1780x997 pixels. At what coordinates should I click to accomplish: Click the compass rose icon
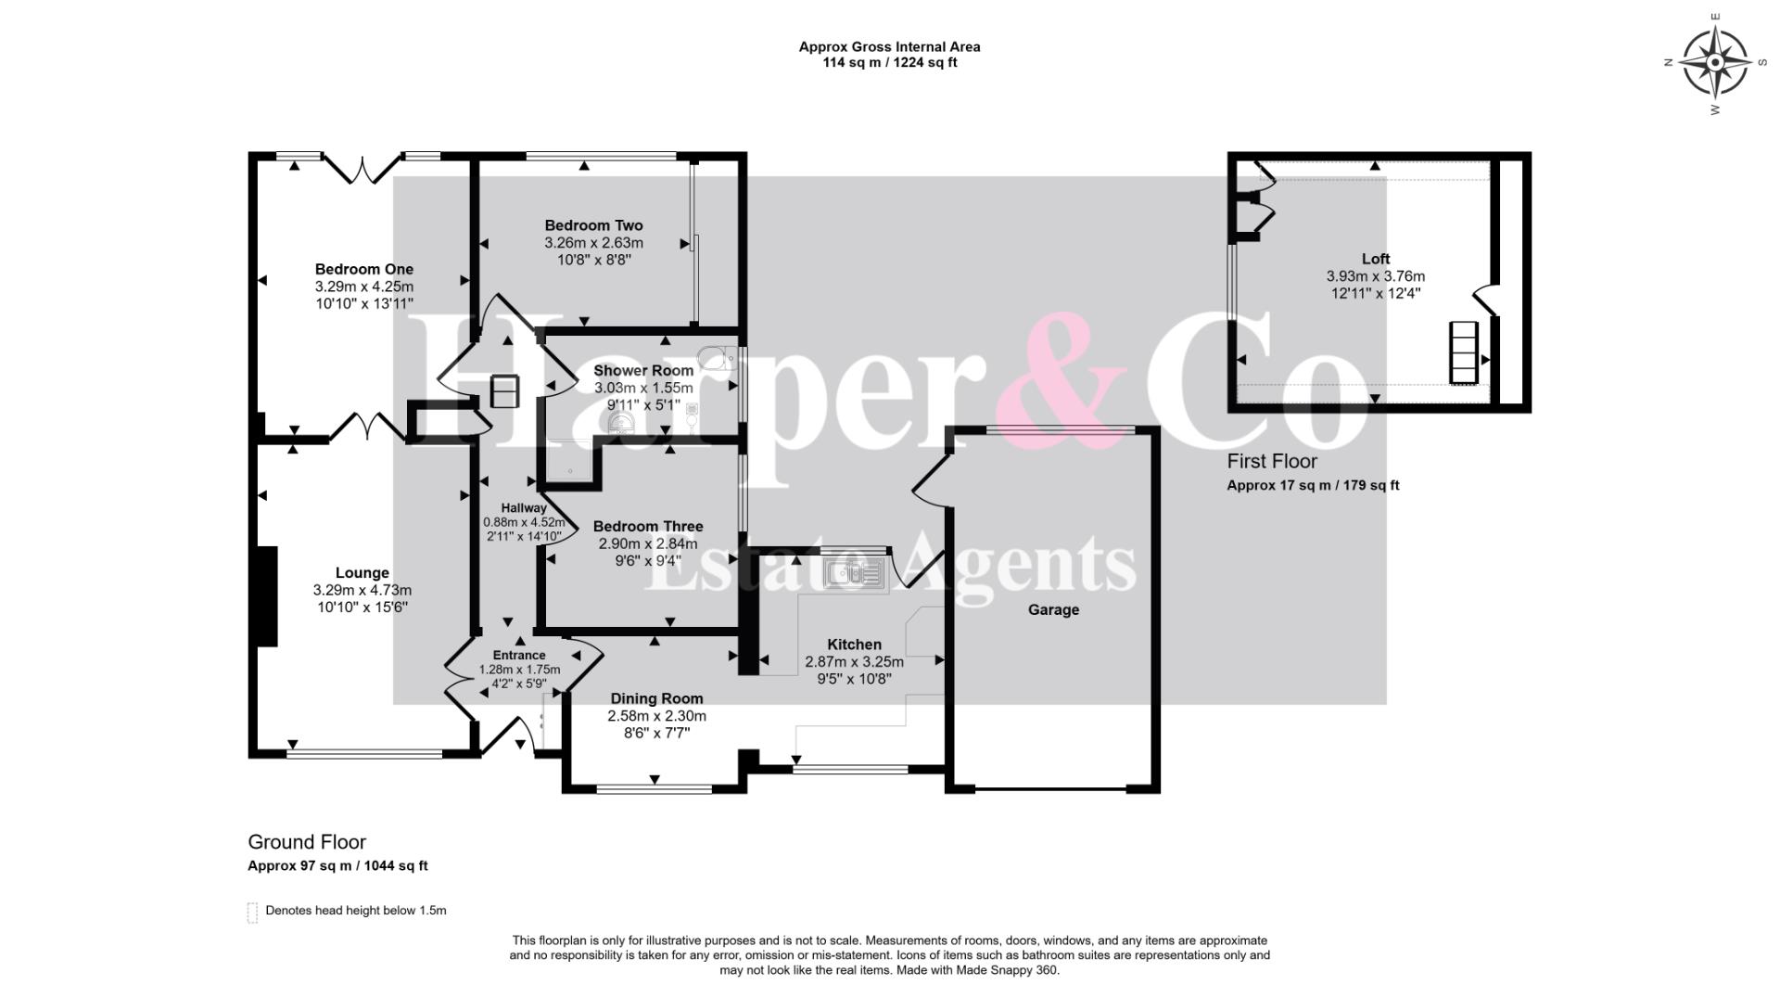pyautogui.click(x=1715, y=63)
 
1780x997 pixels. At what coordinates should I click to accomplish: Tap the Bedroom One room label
pyautogui.click(x=364, y=269)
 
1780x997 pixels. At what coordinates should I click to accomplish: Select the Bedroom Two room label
pyautogui.click(x=593, y=225)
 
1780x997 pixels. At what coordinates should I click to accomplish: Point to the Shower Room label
pyautogui.click(x=643, y=370)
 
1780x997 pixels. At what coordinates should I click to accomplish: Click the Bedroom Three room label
pyautogui.click(x=648, y=526)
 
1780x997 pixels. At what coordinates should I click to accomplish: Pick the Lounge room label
pyautogui.click(x=362, y=573)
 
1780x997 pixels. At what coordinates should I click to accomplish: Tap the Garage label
pyautogui.click(x=1053, y=609)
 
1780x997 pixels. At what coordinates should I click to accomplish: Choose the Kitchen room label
pyautogui.click(x=855, y=644)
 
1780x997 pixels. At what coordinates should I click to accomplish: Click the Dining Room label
pyautogui.click(x=656, y=698)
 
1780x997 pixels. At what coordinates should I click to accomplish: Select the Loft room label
pyautogui.click(x=1376, y=259)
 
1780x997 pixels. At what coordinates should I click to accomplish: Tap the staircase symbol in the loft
pyautogui.click(x=1463, y=352)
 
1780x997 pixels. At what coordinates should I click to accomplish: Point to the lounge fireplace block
pyautogui.click(x=266, y=595)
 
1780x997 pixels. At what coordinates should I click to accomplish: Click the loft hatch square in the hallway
pyautogui.click(x=505, y=390)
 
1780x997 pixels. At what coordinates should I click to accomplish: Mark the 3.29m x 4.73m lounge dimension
pyautogui.click(x=362, y=590)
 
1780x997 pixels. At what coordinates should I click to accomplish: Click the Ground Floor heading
pyautogui.click(x=307, y=842)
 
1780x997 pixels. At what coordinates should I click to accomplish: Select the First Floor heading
pyautogui.click(x=1272, y=461)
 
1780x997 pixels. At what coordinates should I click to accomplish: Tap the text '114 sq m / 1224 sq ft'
pyautogui.click(x=890, y=63)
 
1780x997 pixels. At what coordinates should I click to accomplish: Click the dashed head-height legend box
pyautogui.click(x=252, y=913)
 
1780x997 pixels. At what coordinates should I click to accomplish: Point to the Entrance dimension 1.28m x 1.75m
pyautogui.click(x=519, y=670)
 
